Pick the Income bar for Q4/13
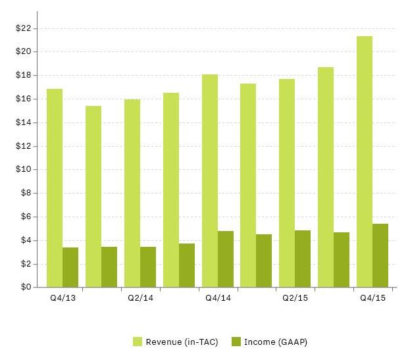coord(70,267)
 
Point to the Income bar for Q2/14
coord(148,267)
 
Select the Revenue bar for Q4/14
coord(210,180)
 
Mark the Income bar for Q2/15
coord(303,259)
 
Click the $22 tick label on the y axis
coord(23,28)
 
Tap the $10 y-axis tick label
coord(23,170)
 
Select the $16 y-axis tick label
coord(23,99)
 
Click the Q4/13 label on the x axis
coord(63,298)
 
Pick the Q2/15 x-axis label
coord(295,298)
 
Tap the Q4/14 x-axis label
coord(218,298)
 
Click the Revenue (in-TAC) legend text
coord(182,342)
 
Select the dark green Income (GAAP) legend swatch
coord(236,342)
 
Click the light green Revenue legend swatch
coord(138,342)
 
